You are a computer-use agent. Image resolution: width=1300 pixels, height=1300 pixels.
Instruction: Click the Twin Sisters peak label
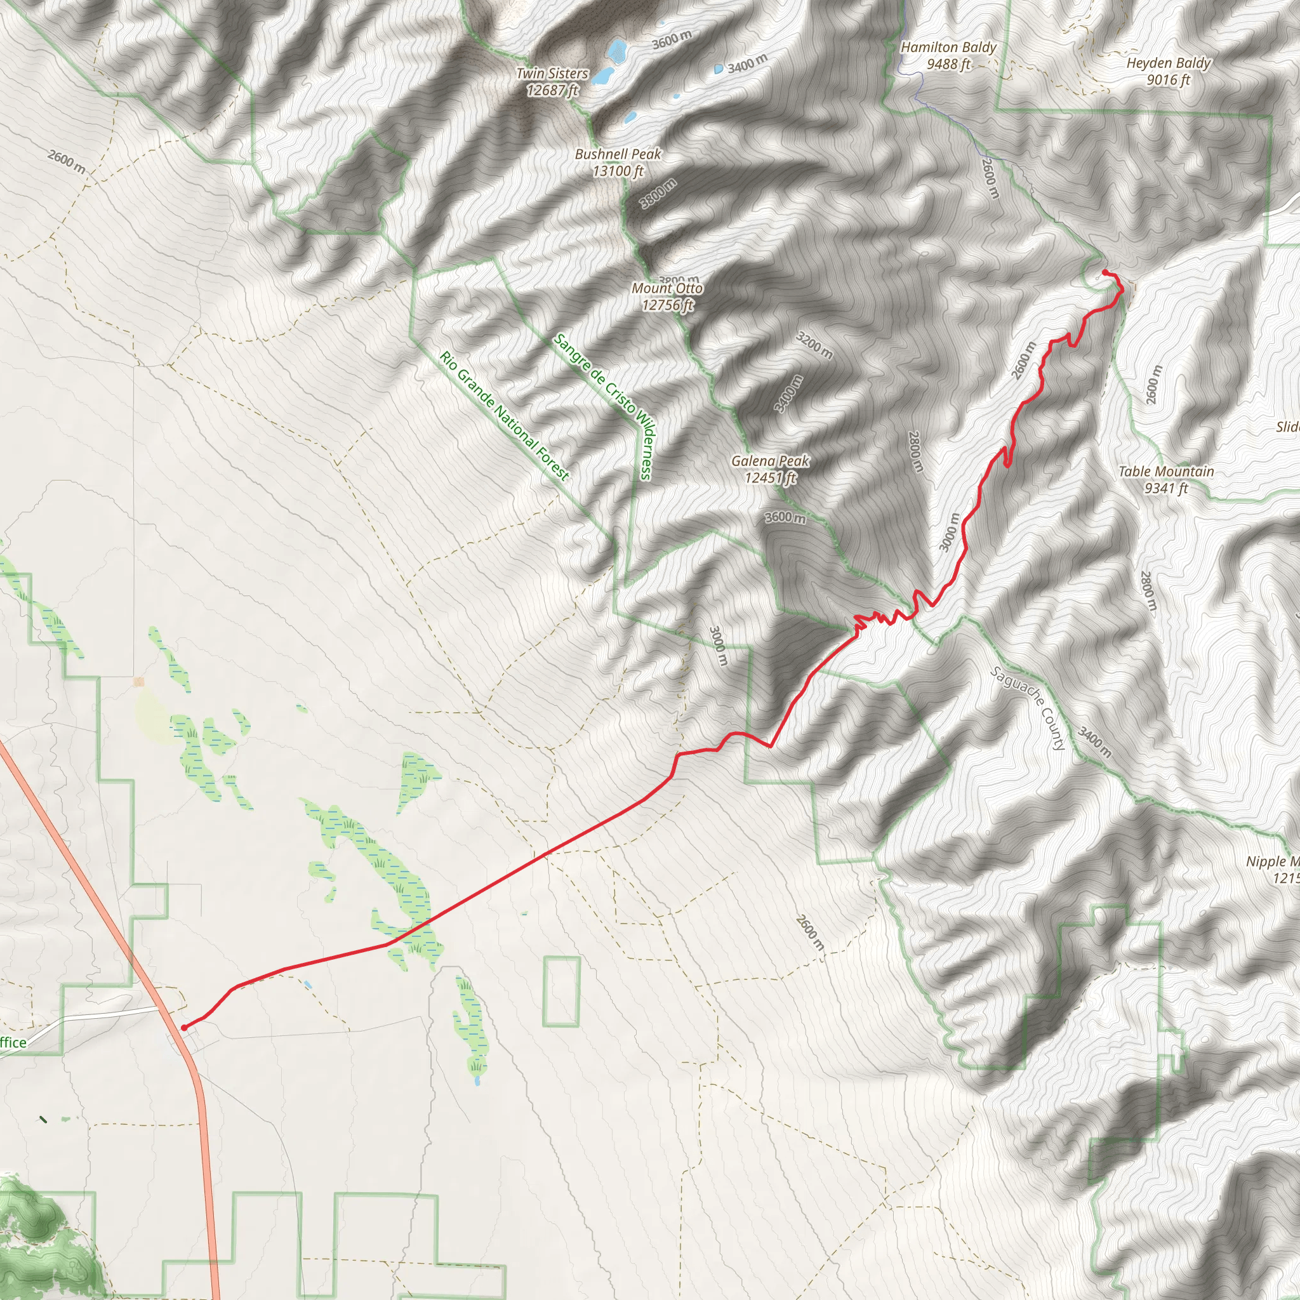(552, 81)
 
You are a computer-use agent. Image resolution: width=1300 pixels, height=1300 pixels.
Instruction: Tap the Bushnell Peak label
(618, 162)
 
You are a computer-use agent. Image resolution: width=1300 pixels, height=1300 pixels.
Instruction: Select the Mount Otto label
(667, 296)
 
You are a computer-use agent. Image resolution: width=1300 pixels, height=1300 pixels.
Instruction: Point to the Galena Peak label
(770, 469)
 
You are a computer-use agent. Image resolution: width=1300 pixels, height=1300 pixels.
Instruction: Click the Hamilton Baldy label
(948, 55)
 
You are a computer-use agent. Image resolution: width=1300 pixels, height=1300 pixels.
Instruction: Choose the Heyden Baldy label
(1168, 70)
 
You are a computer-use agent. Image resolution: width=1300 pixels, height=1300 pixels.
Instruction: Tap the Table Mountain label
(1165, 479)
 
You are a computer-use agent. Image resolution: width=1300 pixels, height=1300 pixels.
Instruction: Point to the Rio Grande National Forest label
(504, 416)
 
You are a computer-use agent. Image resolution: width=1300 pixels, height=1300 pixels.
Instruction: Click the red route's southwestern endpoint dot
(184, 1028)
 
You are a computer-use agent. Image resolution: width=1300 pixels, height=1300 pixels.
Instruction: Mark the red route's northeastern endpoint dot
(1105, 272)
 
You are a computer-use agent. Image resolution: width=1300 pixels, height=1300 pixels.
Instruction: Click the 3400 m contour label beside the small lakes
(747, 63)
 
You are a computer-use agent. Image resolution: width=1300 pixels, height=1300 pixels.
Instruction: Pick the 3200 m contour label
(814, 345)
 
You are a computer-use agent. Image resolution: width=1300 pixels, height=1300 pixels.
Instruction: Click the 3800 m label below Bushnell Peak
(658, 193)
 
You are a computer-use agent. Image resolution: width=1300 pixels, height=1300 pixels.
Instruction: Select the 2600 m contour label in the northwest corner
(67, 161)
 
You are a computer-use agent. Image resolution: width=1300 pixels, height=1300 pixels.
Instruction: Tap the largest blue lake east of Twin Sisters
(616, 49)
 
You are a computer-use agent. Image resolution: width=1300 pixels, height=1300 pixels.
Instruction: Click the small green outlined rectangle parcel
(561, 991)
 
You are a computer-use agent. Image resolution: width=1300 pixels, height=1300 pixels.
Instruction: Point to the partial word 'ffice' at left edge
(13, 1043)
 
